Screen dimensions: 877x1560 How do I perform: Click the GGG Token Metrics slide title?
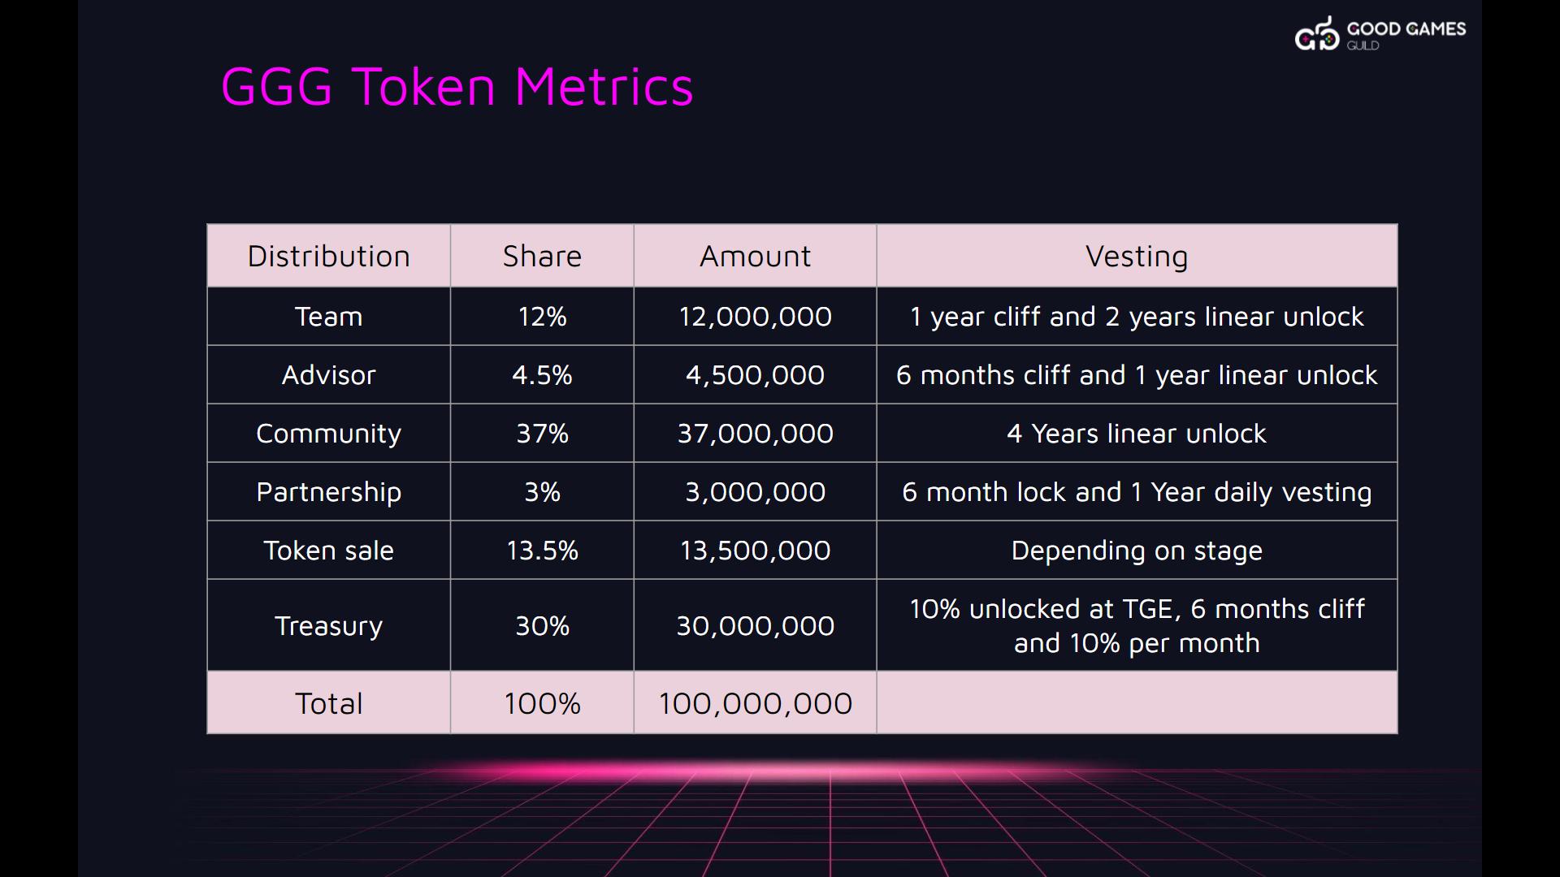457,87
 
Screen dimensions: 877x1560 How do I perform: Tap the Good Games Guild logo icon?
1316,34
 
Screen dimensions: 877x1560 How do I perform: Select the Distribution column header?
328,257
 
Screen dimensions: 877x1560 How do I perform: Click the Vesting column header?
1137,257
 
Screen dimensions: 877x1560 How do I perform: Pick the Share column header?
542,257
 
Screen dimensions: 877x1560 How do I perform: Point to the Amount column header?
755,257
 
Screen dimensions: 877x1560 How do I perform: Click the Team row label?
328,317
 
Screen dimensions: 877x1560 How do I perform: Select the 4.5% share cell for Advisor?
542,375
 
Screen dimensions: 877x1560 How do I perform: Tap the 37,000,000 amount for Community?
755,434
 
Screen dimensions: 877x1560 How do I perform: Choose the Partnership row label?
328,492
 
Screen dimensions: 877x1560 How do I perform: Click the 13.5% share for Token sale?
542,551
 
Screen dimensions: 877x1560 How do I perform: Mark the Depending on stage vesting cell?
1137,551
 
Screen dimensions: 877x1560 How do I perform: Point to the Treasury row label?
328,626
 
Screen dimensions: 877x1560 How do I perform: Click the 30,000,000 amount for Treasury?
755,626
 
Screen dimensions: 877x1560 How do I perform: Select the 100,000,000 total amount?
755,703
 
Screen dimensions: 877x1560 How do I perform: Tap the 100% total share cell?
542,703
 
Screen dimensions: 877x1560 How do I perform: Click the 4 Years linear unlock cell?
1137,434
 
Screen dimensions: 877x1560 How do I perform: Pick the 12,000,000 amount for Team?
755,317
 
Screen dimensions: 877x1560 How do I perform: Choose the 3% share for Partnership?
542,492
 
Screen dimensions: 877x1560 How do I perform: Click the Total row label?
328,703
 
